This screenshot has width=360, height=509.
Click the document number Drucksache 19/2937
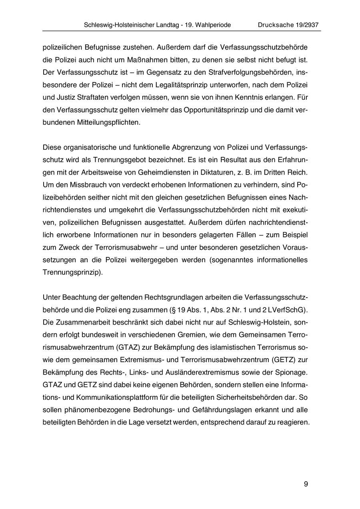coord(288,25)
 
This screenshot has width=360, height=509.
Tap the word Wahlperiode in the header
coord(212,25)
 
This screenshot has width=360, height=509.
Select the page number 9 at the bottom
coord(306,484)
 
